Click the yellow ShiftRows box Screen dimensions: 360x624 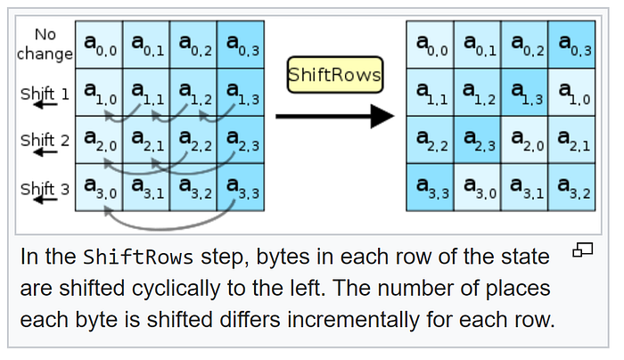tap(334, 76)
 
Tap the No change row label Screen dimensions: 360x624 tap(45, 44)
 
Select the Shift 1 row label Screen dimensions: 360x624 tap(45, 93)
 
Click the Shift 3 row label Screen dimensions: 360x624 tap(45, 188)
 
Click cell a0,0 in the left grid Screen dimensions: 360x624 tap(99, 44)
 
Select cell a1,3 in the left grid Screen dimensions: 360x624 tap(240, 92)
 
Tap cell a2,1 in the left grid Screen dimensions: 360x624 tap(145, 139)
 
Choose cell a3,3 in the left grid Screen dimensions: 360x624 tap(240, 187)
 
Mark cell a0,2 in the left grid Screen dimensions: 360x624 tap(193, 44)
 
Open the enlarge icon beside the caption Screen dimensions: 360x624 tap(582, 250)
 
